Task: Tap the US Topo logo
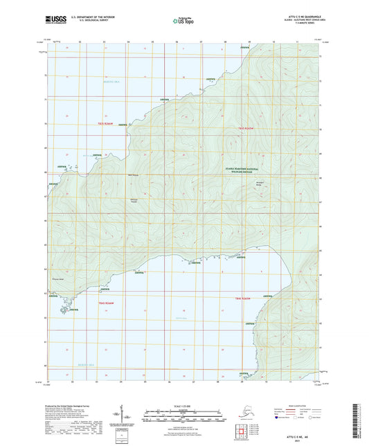tap(181, 22)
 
